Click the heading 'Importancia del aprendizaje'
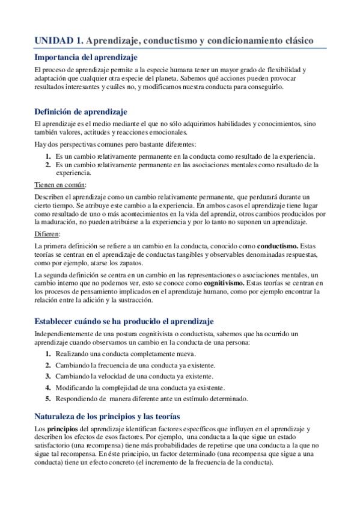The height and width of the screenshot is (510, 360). click(x=86, y=58)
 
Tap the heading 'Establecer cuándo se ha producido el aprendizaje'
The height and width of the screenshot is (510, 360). click(x=124, y=321)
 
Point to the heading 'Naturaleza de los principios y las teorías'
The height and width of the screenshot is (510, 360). click(x=108, y=416)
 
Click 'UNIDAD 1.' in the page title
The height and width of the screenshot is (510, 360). click(x=58, y=40)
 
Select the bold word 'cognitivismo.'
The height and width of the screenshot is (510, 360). click(x=224, y=283)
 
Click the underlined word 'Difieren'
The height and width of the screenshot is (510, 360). click(x=47, y=234)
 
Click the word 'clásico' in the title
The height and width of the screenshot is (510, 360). click(x=296, y=40)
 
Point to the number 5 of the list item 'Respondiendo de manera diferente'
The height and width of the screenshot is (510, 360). click(x=48, y=399)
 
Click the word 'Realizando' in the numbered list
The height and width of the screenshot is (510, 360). click(x=73, y=354)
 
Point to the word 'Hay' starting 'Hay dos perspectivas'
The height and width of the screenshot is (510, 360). click(x=40, y=145)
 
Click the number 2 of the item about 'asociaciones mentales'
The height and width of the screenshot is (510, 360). click(x=48, y=164)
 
